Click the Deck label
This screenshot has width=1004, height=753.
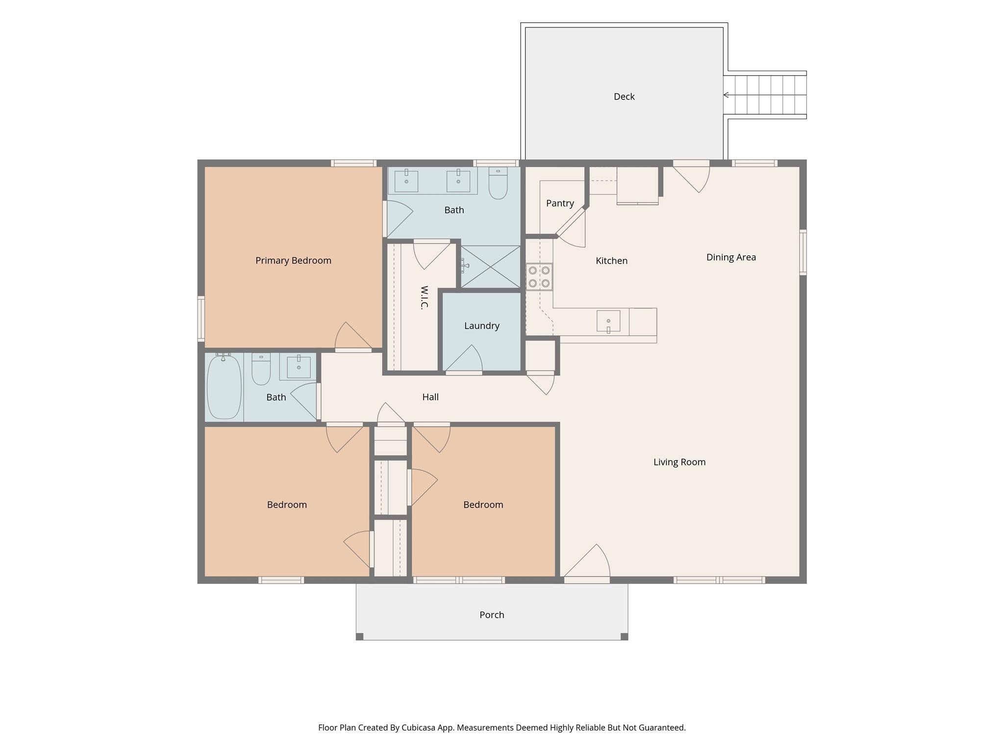click(624, 97)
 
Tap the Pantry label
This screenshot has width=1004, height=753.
click(560, 203)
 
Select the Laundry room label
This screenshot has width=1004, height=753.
click(482, 326)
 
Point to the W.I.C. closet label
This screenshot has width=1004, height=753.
click(425, 297)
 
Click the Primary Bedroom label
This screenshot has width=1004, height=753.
click(293, 260)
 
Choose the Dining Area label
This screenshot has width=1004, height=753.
click(731, 257)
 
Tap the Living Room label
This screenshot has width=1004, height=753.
click(679, 462)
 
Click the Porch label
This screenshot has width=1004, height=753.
click(492, 615)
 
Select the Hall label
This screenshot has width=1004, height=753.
click(430, 397)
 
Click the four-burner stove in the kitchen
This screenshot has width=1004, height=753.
click(539, 277)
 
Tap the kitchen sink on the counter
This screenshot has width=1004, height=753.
click(608, 321)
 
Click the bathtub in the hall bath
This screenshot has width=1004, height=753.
click(224, 386)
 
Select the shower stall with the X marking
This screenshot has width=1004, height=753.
click(491, 267)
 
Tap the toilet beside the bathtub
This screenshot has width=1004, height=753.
click(261, 369)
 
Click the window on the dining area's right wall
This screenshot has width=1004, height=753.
click(803, 252)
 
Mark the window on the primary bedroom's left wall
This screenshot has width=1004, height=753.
click(201, 319)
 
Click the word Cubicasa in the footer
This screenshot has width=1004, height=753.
click(420, 728)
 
